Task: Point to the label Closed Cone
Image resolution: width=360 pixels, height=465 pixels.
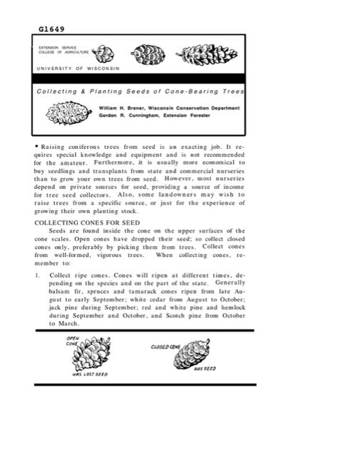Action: coord(164,346)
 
